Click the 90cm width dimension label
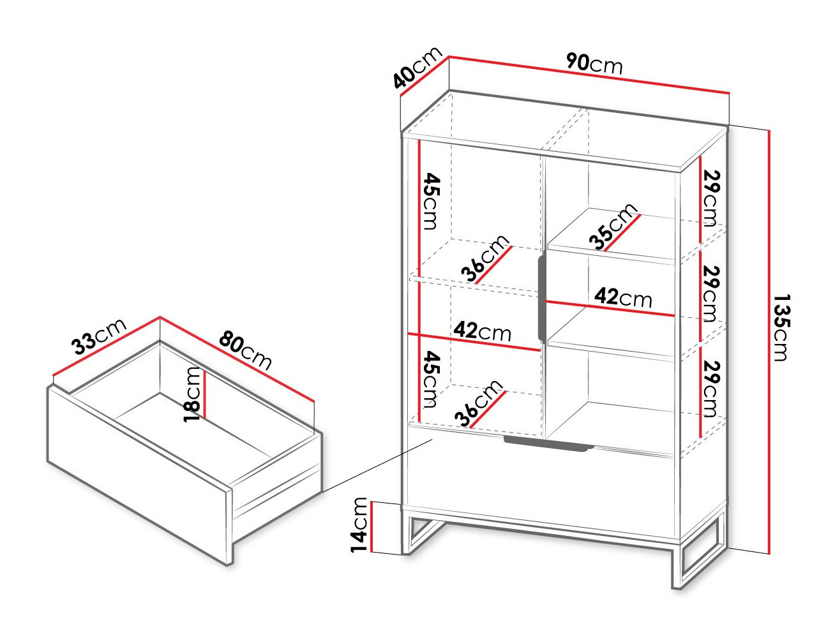(594, 63)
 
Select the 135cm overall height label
(782, 327)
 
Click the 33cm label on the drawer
(98, 336)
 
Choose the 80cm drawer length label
(245, 350)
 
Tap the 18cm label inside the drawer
(192, 394)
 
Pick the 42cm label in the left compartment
(483, 331)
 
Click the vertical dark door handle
(542, 297)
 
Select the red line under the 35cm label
(622, 233)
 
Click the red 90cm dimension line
(589, 75)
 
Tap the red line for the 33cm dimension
(107, 346)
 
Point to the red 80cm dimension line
(237, 359)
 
